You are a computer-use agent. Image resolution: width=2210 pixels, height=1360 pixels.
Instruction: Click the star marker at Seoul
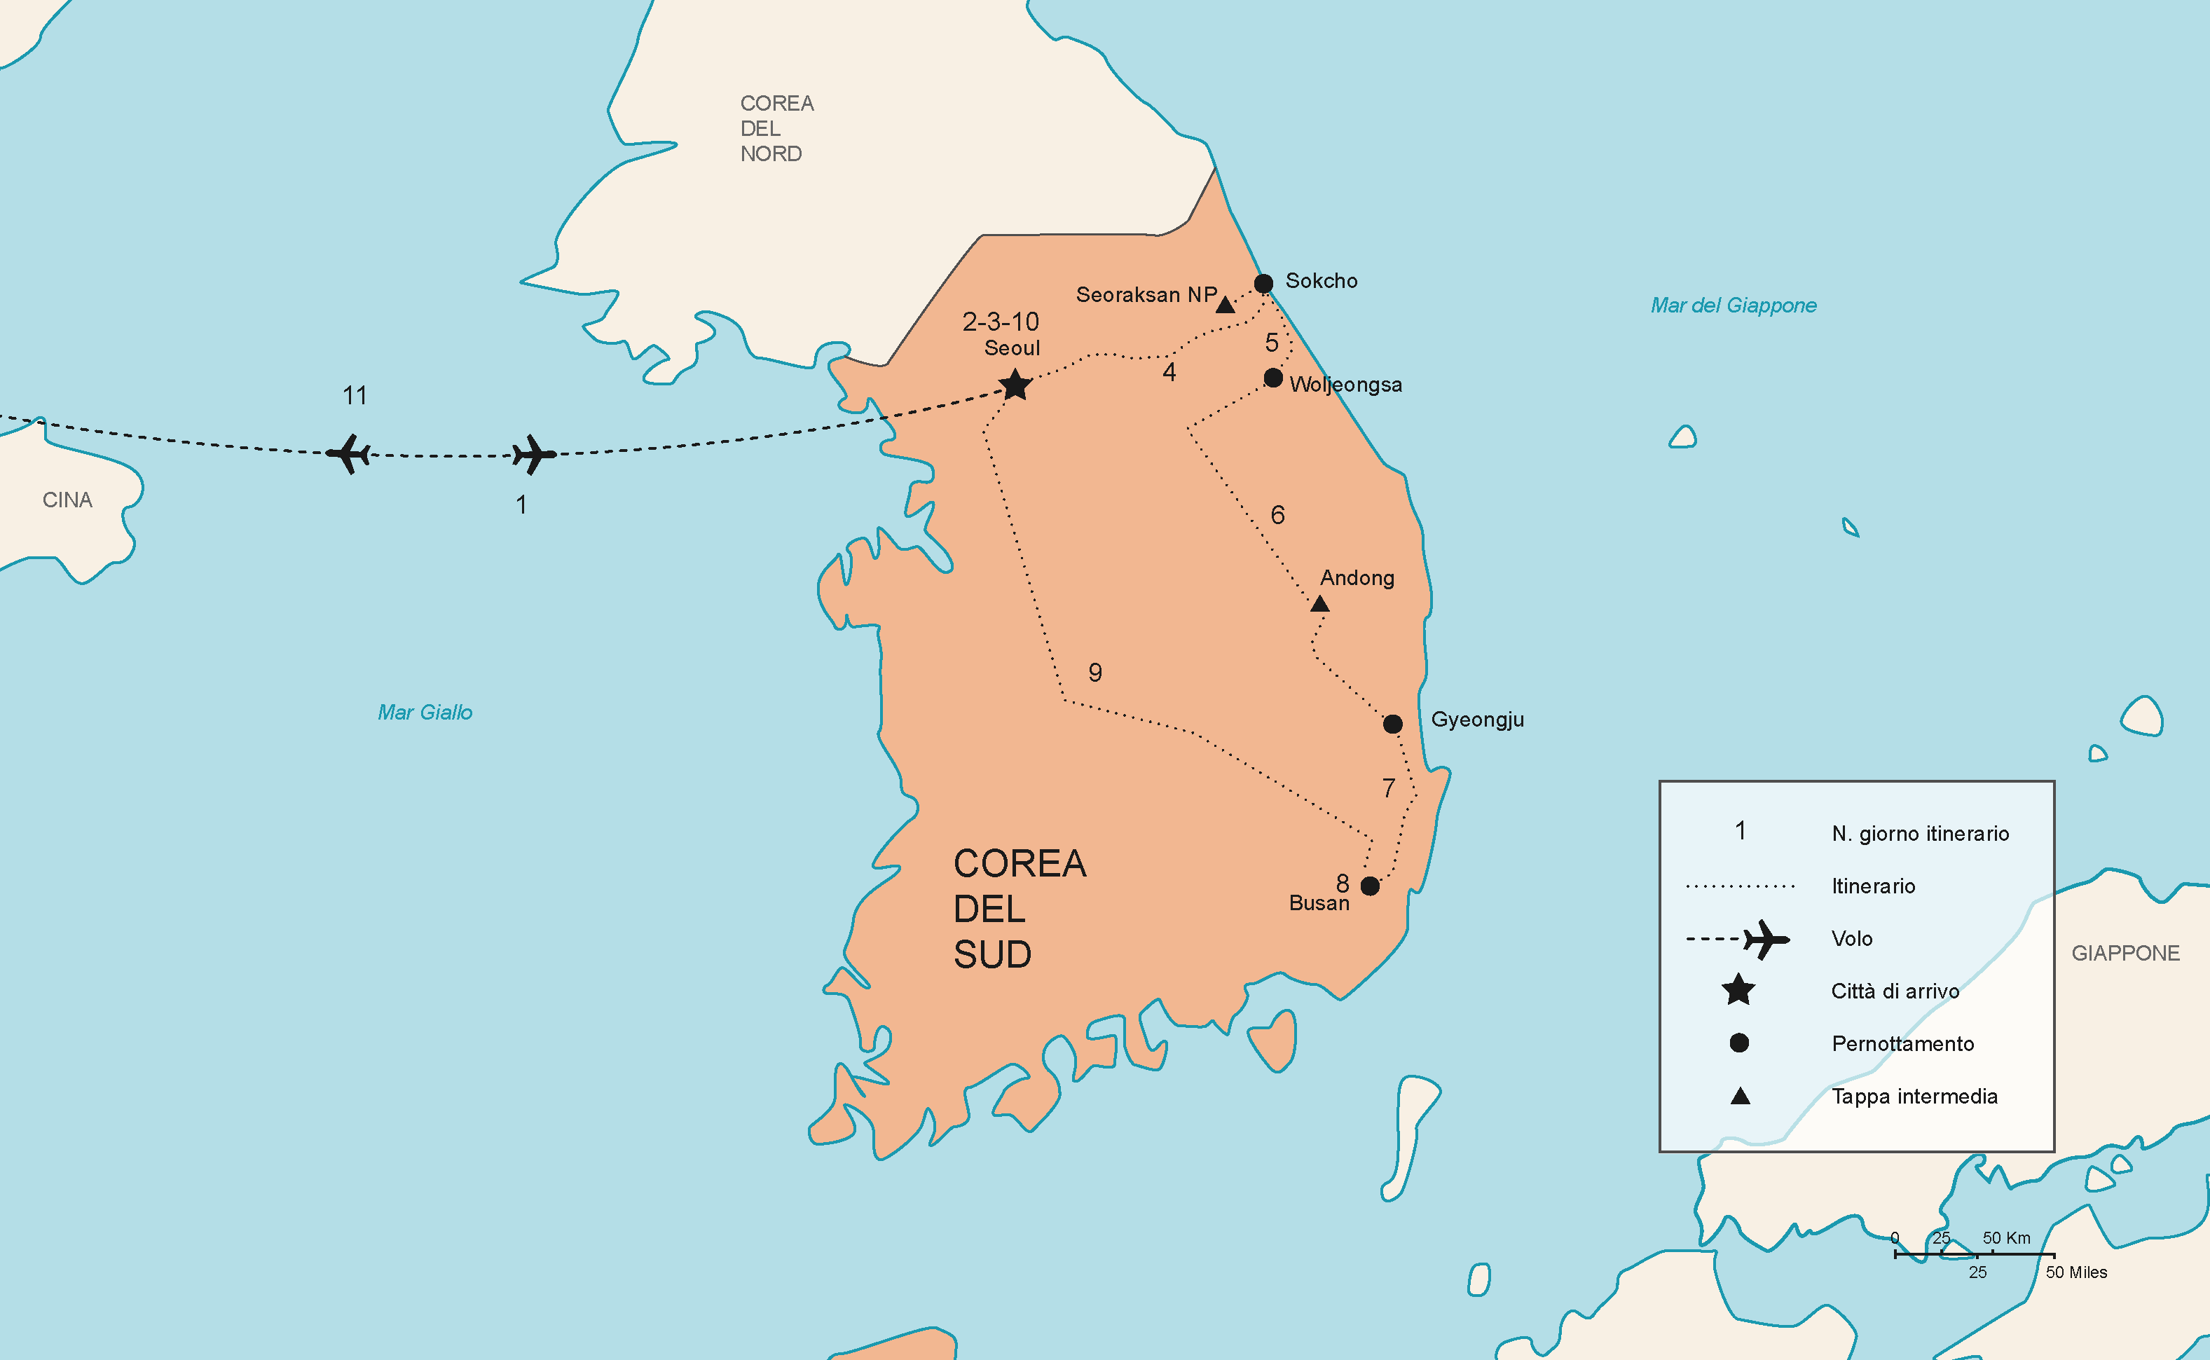pyautogui.click(x=1015, y=385)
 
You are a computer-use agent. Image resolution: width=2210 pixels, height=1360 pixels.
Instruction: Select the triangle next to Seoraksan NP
pyautogui.click(x=1225, y=305)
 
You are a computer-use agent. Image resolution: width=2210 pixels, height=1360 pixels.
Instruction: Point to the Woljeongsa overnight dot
pyautogui.click(x=1272, y=378)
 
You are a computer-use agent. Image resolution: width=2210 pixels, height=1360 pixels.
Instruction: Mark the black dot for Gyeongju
pyautogui.click(x=1392, y=723)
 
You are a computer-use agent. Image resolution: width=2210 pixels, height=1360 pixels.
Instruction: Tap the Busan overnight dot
pyautogui.click(x=1370, y=886)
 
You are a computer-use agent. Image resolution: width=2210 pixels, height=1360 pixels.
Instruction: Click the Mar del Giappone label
pyautogui.click(x=1734, y=305)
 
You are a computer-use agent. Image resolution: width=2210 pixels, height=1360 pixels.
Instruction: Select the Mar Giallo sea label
pyautogui.click(x=425, y=713)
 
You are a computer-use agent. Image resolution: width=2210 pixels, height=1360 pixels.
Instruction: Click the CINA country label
pyautogui.click(x=67, y=500)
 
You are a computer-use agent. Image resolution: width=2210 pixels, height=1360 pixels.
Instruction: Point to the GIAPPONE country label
pyautogui.click(x=2125, y=954)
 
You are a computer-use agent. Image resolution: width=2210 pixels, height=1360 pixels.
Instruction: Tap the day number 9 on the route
pyautogui.click(x=1094, y=673)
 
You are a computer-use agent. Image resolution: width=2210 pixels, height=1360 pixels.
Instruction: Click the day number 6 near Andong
pyautogui.click(x=1277, y=516)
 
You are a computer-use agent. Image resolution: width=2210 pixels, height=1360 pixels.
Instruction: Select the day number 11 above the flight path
pyautogui.click(x=355, y=396)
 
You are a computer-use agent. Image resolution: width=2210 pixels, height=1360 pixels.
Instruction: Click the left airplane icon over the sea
pyautogui.click(x=349, y=453)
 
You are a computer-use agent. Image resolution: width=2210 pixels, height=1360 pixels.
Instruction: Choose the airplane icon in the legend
pyautogui.click(x=1765, y=939)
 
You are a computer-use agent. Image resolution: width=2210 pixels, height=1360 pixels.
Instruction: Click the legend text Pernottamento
pyautogui.click(x=1902, y=1043)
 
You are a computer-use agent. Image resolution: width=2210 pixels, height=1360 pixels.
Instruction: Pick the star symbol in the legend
pyautogui.click(x=1738, y=990)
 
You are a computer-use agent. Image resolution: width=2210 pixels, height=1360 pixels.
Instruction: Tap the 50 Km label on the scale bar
pyautogui.click(x=2007, y=1237)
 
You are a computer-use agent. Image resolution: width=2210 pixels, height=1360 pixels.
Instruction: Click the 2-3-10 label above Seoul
pyautogui.click(x=1000, y=322)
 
